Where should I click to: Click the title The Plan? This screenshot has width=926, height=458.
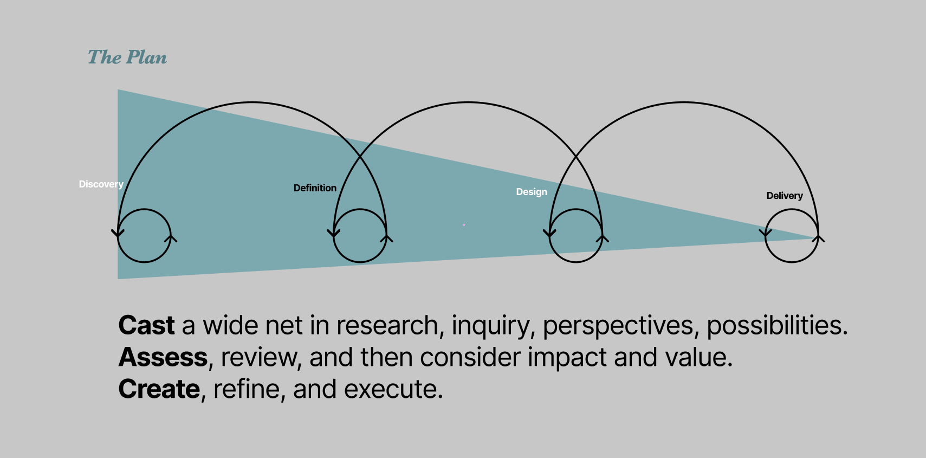(x=127, y=57)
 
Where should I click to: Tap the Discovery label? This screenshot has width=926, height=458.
(x=101, y=184)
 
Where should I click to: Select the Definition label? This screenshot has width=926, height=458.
(x=315, y=188)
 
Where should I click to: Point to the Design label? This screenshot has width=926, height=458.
(x=532, y=192)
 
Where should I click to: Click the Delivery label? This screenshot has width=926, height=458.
(x=785, y=196)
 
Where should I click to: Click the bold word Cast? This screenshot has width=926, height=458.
(x=146, y=325)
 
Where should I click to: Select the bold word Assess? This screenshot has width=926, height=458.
(x=163, y=357)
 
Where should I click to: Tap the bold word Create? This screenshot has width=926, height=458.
(x=159, y=389)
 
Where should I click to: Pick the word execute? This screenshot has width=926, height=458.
(x=393, y=389)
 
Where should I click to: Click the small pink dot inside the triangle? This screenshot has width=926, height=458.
(x=464, y=225)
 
